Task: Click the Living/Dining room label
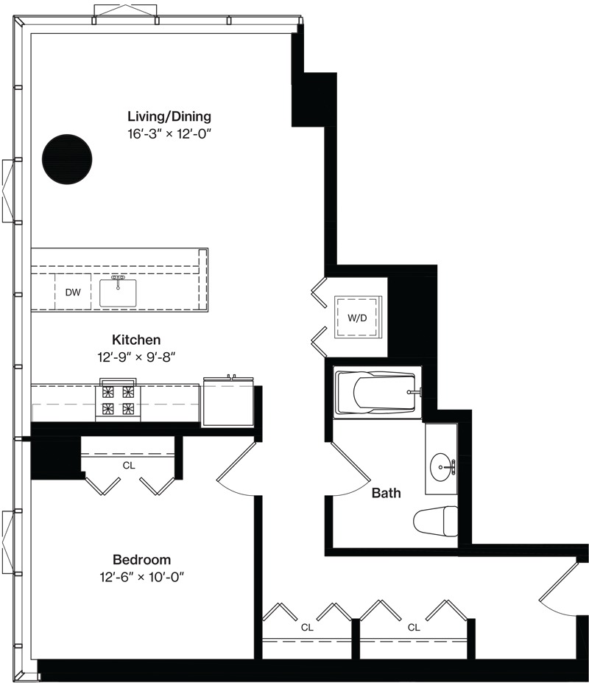[169, 116]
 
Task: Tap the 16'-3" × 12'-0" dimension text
[169, 133]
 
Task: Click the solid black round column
[67, 159]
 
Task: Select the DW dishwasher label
[73, 293]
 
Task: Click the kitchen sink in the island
[118, 292]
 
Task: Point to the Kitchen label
[136, 340]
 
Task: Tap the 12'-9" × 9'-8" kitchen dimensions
[136, 357]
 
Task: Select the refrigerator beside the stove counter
[228, 402]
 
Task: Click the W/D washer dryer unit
[357, 317]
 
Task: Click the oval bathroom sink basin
[442, 466]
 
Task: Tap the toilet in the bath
[435, 522]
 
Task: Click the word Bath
[386, 493]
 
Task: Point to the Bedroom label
[141, 560]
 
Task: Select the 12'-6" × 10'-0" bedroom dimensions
[141, 577]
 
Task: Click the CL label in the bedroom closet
[129, 466]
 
